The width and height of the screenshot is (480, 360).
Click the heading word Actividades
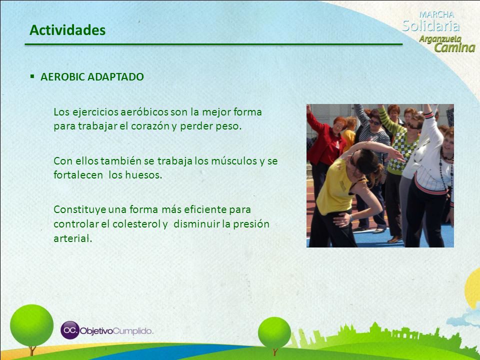pos(67,30)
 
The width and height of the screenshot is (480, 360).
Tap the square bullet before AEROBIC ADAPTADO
pos(32,76)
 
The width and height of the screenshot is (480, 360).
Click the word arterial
pos(73,238)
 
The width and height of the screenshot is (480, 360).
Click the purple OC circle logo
pos(70,330)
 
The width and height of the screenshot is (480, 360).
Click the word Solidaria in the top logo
pos(431,26)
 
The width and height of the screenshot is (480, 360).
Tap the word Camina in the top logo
pos(455,48)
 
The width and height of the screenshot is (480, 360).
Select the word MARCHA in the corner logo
pos(437,14)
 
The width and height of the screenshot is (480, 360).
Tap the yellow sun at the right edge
pos(473,289)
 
